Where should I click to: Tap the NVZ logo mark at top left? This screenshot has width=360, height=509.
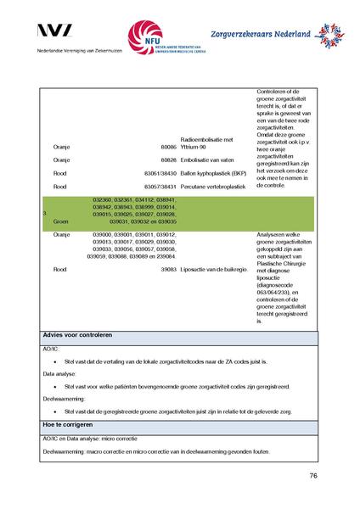click(55, 31)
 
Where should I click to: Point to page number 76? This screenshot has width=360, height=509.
click(313, 476)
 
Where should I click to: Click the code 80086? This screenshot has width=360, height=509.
click(167, 147)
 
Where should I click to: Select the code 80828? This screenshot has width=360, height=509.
click(167, 159)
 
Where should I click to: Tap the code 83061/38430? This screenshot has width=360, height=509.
click(159, 172)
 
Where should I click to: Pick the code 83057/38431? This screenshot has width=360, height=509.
click(159, 185)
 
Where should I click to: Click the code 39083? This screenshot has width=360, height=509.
click(167, 269)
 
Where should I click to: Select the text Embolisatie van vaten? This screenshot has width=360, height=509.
click(209, 159)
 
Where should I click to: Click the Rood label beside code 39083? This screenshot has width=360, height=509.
click(60, 269)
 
